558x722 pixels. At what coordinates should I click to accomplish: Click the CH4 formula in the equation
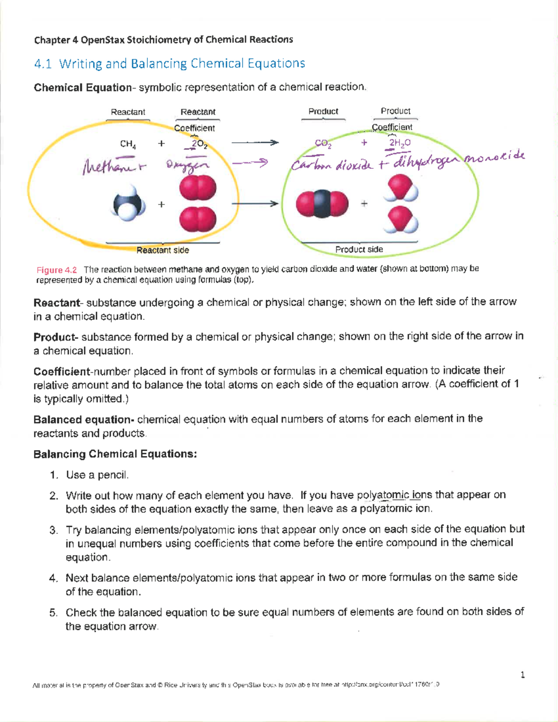(x=128, y=144)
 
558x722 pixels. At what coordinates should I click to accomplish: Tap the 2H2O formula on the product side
(x=399, y=143)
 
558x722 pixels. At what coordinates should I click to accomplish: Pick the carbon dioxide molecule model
(x=322, y=204)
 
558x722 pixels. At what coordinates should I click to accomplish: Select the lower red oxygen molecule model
(x=198, y=219)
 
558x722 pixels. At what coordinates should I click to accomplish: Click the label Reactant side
(x=163, y=250)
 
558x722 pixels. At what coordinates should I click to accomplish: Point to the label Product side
(x=359, y=250)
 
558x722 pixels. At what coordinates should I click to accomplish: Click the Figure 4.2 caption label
(x=57, y=270)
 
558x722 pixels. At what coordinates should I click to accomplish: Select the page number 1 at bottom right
(x=523, y=675)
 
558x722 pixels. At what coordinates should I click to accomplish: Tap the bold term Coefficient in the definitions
(x=62, y=371)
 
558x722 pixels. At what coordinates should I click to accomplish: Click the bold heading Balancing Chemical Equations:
(x=115, y=454)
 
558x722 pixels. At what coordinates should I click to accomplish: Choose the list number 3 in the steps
(x=53, y=530)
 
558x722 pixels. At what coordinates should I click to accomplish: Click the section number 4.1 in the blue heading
(x=43, y=64)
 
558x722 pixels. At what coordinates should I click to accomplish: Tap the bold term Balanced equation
(x=83, y=419)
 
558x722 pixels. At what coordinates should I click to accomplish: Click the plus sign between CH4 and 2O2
(x=161, y=144)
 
